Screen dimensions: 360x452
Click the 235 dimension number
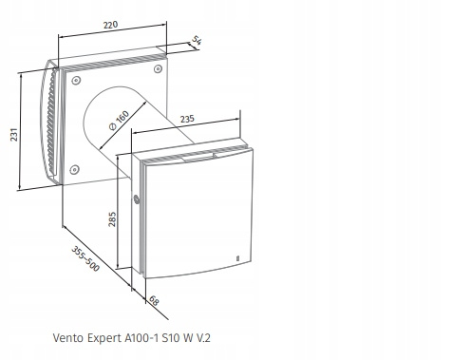(188, 120)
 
